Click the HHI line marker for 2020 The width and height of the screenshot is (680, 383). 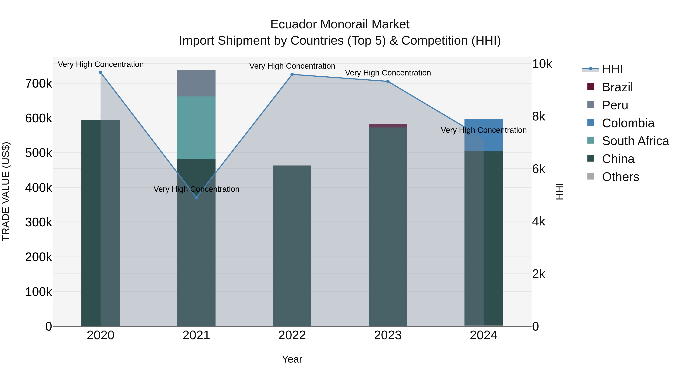[100, 72]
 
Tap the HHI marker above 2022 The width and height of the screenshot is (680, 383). [292, 75]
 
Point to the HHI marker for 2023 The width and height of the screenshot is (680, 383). [388, 81]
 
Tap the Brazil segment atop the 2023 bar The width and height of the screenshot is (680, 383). [388, 126]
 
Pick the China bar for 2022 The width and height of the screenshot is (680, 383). [292, 246]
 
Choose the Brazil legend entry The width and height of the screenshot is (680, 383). [617, 87]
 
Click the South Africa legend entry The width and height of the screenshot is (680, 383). [635, 141]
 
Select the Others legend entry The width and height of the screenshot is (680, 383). [620, 177]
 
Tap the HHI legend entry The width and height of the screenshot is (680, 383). [612, 69]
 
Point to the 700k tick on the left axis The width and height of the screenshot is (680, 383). [39, 84]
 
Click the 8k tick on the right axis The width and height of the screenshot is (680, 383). [539, 117]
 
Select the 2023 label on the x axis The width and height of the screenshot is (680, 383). [388, 335]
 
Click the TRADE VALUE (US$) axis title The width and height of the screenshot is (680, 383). [6, 191]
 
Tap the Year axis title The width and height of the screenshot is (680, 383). [292, 359]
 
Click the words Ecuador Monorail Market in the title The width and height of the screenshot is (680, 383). [340, 24]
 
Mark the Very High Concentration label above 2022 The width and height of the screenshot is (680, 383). [292, 66]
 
